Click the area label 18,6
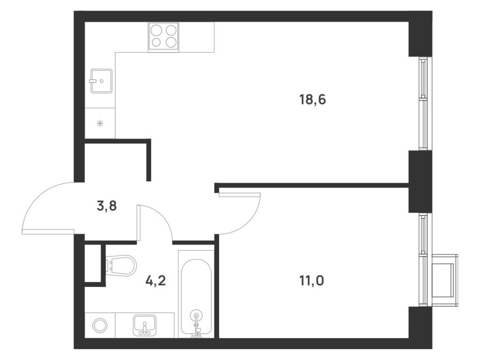[312, 99]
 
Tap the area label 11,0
[312, 281]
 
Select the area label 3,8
[107, 206]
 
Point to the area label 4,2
[156, 281]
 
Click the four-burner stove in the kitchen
[164, 37]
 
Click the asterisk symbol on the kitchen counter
[100, 123]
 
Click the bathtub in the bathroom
[196, 293]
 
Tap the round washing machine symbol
[100, 325]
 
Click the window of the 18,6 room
[423, 103]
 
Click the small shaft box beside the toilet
[93, 263]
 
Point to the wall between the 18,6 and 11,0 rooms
[312, 185]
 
